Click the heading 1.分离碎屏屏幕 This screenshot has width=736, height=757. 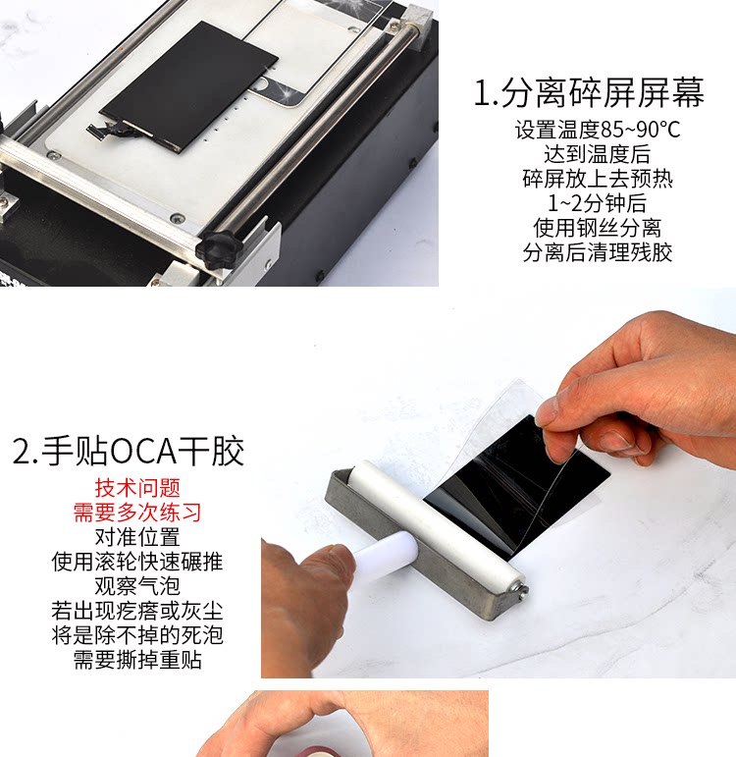(589, 92)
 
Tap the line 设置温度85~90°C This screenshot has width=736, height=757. (598, 130)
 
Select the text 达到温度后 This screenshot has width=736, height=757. (598, 154)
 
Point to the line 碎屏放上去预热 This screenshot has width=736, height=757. (598, 179)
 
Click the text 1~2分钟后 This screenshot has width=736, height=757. (597, 203)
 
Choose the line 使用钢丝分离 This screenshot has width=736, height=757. (598, 228)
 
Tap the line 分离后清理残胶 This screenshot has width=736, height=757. (598, 252)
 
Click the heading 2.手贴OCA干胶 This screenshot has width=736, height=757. (129, 451)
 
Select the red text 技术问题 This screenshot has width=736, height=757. (137, 488)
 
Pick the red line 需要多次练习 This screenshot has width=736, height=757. (137, 513)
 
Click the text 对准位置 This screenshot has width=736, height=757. (137, 537)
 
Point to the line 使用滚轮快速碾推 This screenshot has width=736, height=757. (137, 562)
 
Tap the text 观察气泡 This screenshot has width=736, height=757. (137, 586)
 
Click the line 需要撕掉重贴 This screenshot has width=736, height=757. (137, 660)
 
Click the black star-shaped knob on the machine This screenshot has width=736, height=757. (219, 248)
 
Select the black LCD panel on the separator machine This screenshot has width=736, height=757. (189, 88)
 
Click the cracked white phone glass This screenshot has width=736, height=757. (314, 53)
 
